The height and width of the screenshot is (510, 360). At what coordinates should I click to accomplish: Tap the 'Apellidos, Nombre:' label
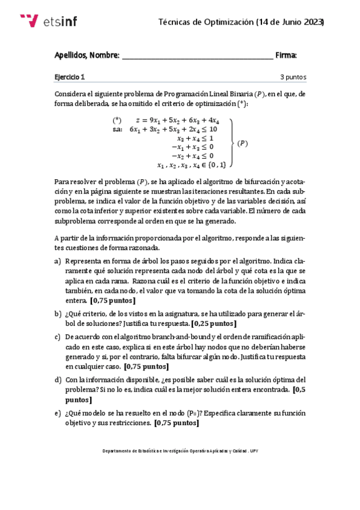pyautogui.click(x=87, y=55)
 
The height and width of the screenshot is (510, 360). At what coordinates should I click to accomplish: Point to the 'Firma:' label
pyautogui.click(x=286, y=55)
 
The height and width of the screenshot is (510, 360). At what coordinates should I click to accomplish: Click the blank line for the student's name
pyautogui.click(x=197, y=57)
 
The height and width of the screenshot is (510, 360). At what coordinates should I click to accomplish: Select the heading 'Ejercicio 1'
pyautogui.click(x=70, y=77)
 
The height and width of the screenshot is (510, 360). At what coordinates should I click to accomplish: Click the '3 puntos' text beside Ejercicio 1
pyautogui.click(x=293, y=77)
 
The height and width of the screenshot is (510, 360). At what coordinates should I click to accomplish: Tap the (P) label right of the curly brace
pyautogui.click(x=242, y=143)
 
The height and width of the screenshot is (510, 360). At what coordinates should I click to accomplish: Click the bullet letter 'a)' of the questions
pyautogui.click(x=58, y=262)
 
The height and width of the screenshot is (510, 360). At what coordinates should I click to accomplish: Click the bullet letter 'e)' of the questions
pyautogui.click(x=58, y=413)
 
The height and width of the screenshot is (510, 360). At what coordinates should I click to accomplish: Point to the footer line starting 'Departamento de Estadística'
pyautogui.click(x=180, y=450)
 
